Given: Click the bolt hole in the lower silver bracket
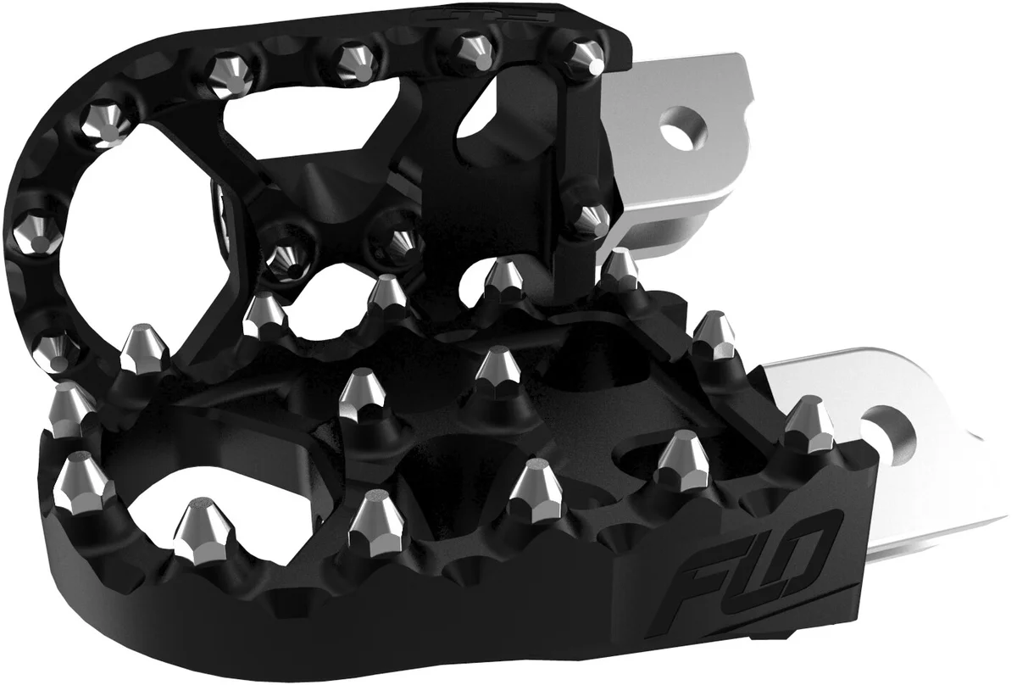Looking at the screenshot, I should click(887, 423).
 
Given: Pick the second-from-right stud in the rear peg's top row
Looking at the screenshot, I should click(468, 48).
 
